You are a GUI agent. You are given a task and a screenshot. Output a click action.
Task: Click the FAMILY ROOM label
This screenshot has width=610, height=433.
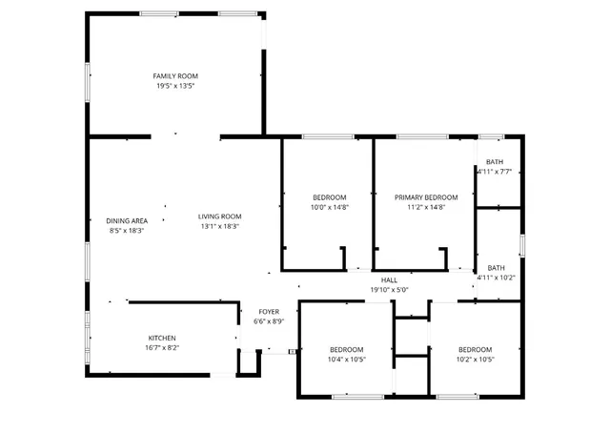click(x=175, y=75)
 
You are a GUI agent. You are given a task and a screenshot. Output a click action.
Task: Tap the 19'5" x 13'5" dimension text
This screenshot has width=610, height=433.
click(x=175, y=86)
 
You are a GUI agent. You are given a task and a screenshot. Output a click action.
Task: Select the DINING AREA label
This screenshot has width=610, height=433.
click(x=126, y=220)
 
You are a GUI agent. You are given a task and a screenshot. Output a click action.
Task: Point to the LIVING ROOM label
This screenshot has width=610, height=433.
click(x=220, y=216)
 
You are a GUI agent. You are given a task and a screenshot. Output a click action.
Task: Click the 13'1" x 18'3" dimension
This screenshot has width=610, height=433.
click(x=220, y=226)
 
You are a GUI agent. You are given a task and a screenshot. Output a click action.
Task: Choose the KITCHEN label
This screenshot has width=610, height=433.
click(x=161, y=338)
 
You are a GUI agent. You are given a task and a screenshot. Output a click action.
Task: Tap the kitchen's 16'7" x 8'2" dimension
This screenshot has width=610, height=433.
click(x=161, y=348)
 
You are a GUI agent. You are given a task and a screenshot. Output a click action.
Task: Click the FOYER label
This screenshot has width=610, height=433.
click(x=269, y=312)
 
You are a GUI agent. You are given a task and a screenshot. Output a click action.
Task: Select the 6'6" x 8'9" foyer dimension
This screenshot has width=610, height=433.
click(x=269, y=322)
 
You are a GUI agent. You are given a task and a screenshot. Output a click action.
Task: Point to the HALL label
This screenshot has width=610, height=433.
click(x=389, y=279)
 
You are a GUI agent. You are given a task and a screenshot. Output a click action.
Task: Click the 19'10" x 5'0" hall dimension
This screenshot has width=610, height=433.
click(x=389, y=290)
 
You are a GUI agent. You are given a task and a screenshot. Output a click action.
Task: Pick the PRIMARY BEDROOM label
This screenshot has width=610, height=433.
click(x=426, y=197)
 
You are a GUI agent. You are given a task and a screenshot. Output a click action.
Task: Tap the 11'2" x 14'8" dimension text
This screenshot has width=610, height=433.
click(x=426, y=207)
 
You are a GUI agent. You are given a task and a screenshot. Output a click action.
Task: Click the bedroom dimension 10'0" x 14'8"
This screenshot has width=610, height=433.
click(x=329, y=207)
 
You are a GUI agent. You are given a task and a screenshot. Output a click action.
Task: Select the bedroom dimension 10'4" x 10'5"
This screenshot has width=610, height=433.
click(x=347, y=360)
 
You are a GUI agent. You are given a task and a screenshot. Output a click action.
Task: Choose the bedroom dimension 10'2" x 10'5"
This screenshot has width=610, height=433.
click(x=475, y=360)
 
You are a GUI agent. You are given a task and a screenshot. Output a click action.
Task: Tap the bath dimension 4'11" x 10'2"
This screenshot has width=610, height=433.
click(x=496, y=278)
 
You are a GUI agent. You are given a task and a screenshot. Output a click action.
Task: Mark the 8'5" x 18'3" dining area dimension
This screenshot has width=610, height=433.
click(x=126, y=231)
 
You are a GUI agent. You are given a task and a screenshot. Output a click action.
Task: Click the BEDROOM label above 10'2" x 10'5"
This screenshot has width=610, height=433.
click(x=475, y=349)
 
